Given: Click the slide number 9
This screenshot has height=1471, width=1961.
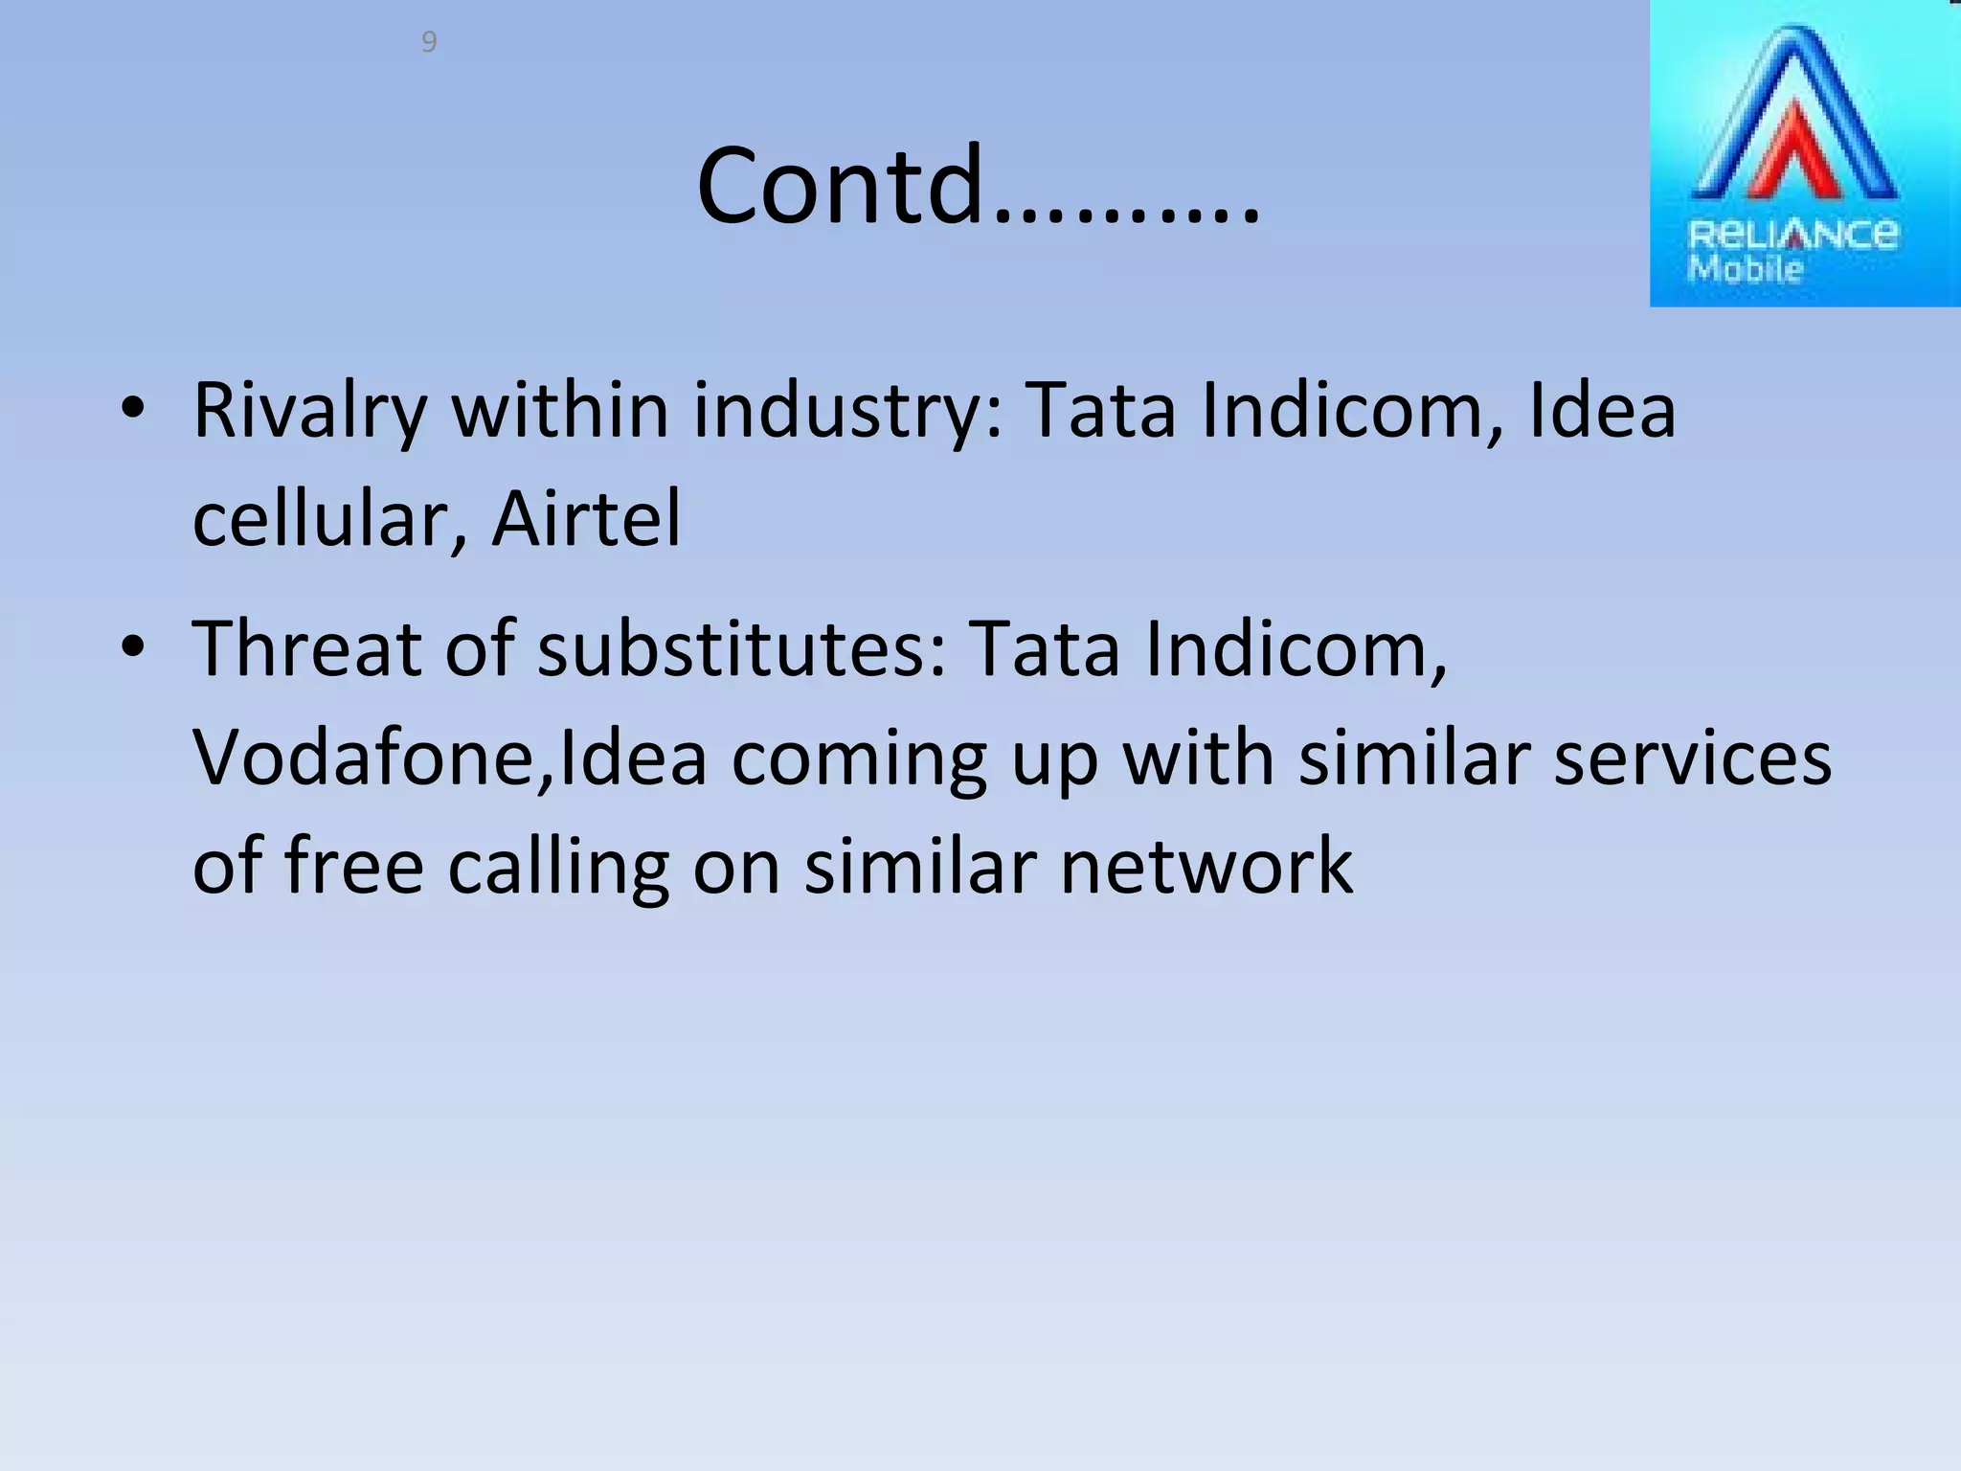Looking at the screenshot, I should pyautogui.click(x=429, y=42).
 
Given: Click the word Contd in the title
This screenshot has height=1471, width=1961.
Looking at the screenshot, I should pyautogui.click(x=840, y=186).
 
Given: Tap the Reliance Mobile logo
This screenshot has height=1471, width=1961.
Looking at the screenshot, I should pyautogui.click(x=1804, y=153).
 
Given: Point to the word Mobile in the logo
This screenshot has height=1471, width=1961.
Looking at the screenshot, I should pyautogui.click(x=1745, y=269).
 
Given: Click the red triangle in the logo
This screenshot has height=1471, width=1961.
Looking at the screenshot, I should pyautogui.click(x=1794, y=153).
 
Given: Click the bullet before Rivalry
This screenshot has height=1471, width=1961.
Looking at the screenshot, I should pyautogui.click(x=133, y=409).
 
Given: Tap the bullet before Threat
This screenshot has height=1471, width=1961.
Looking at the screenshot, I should pyautogui.click(x=133, y=647).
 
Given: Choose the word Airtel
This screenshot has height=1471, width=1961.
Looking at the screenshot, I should pyautogui.click(x=586, y=519).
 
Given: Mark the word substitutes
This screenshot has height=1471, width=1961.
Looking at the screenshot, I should pyautogui.click(x=741, y=649).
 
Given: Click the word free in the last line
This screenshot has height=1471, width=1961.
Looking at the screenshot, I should pyautogui.click(x=354, y=866).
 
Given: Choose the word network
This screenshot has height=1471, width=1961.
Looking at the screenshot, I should pyautogui.click(x=1206, y=866).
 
